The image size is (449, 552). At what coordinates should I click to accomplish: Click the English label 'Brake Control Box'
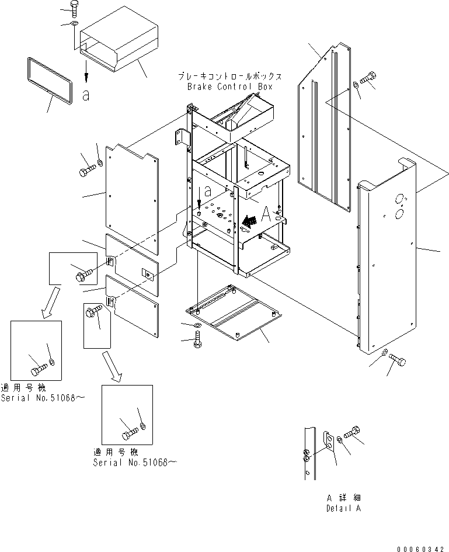click(229, 86)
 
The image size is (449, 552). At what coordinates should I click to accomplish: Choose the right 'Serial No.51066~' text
click(134, 462)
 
